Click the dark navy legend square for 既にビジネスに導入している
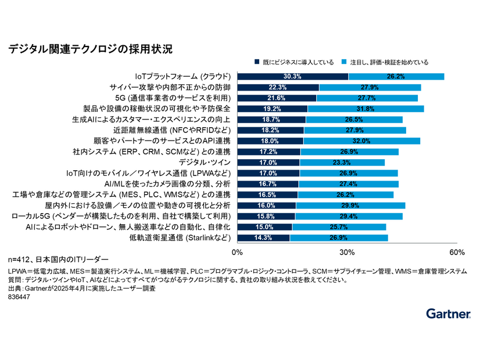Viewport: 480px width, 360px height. tap(257, 62)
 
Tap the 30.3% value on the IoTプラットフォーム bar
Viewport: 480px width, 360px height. tap(292, 77)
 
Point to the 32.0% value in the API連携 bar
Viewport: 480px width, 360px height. tap(361, 141)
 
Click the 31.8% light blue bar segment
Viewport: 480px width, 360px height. tap(365, 109)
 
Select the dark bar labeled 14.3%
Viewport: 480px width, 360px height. tap(263, 238)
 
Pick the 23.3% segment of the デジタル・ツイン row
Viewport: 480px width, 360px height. tap(342, 163)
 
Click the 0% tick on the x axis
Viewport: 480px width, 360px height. tap(237, 253)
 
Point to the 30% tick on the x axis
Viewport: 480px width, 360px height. tap(347, 253)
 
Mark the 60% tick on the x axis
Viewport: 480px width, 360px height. tap(457, 253)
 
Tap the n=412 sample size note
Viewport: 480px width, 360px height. tap(58, 258)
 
